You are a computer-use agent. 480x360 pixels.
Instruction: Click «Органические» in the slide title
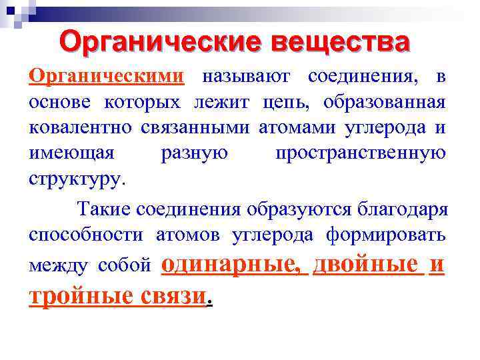(155, 41)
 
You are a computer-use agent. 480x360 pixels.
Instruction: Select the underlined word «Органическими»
(106, 77)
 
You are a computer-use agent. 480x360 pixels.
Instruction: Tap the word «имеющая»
(71, 153)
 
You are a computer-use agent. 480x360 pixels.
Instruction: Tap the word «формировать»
(386, 235)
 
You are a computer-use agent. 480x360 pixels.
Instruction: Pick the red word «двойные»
(367, 264)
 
